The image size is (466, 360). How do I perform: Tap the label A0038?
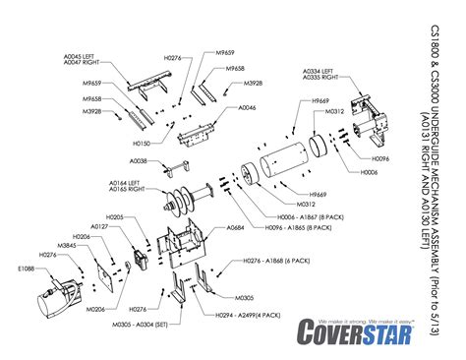[x=138, y=160]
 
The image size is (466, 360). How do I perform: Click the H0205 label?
[x=112, y=215]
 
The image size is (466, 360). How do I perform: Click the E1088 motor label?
[x=25, y=268]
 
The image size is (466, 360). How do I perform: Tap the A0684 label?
[x=235, y=228]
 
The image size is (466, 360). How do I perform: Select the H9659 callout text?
[x=319, y=101]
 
